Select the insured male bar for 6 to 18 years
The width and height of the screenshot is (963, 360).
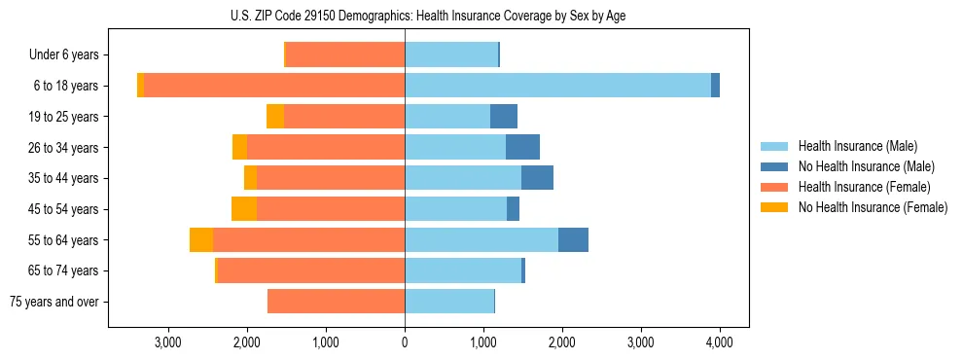[x=557, y=86]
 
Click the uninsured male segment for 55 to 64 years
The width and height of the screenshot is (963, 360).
[x=573, y=239]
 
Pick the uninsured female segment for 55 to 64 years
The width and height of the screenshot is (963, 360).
[x=201, y=239]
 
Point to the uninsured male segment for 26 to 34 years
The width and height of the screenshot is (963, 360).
[x=522, y=147]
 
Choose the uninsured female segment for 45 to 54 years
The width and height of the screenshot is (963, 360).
[x=244, y=208]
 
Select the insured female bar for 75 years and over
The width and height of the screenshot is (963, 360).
[x=336, y=302]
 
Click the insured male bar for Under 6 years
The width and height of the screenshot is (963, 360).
[x=451, y=54]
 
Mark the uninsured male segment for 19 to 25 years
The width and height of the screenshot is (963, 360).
[x=504, y=116]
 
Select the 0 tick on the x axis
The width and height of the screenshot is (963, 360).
[x=405, y=342]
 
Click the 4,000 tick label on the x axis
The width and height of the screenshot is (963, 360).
[x=719, y=342]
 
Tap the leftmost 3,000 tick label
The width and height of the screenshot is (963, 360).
[x=168, y=342]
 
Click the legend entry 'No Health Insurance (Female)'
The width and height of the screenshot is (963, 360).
[x=873, y=207]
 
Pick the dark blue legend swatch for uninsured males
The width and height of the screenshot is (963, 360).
[x=775, y=166]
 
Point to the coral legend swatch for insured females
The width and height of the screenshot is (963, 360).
[x=775, y=187]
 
